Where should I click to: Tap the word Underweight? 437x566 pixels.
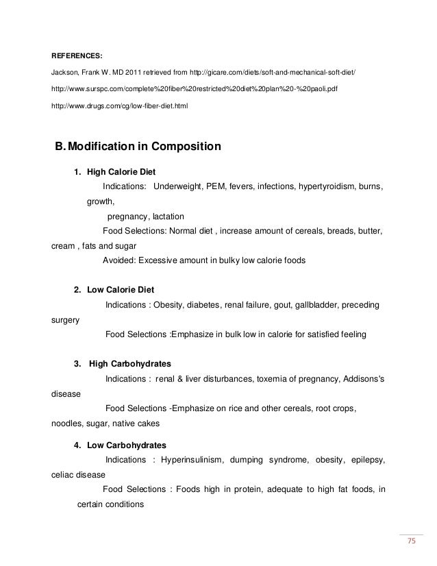179,187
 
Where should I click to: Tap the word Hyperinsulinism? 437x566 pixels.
192,460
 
